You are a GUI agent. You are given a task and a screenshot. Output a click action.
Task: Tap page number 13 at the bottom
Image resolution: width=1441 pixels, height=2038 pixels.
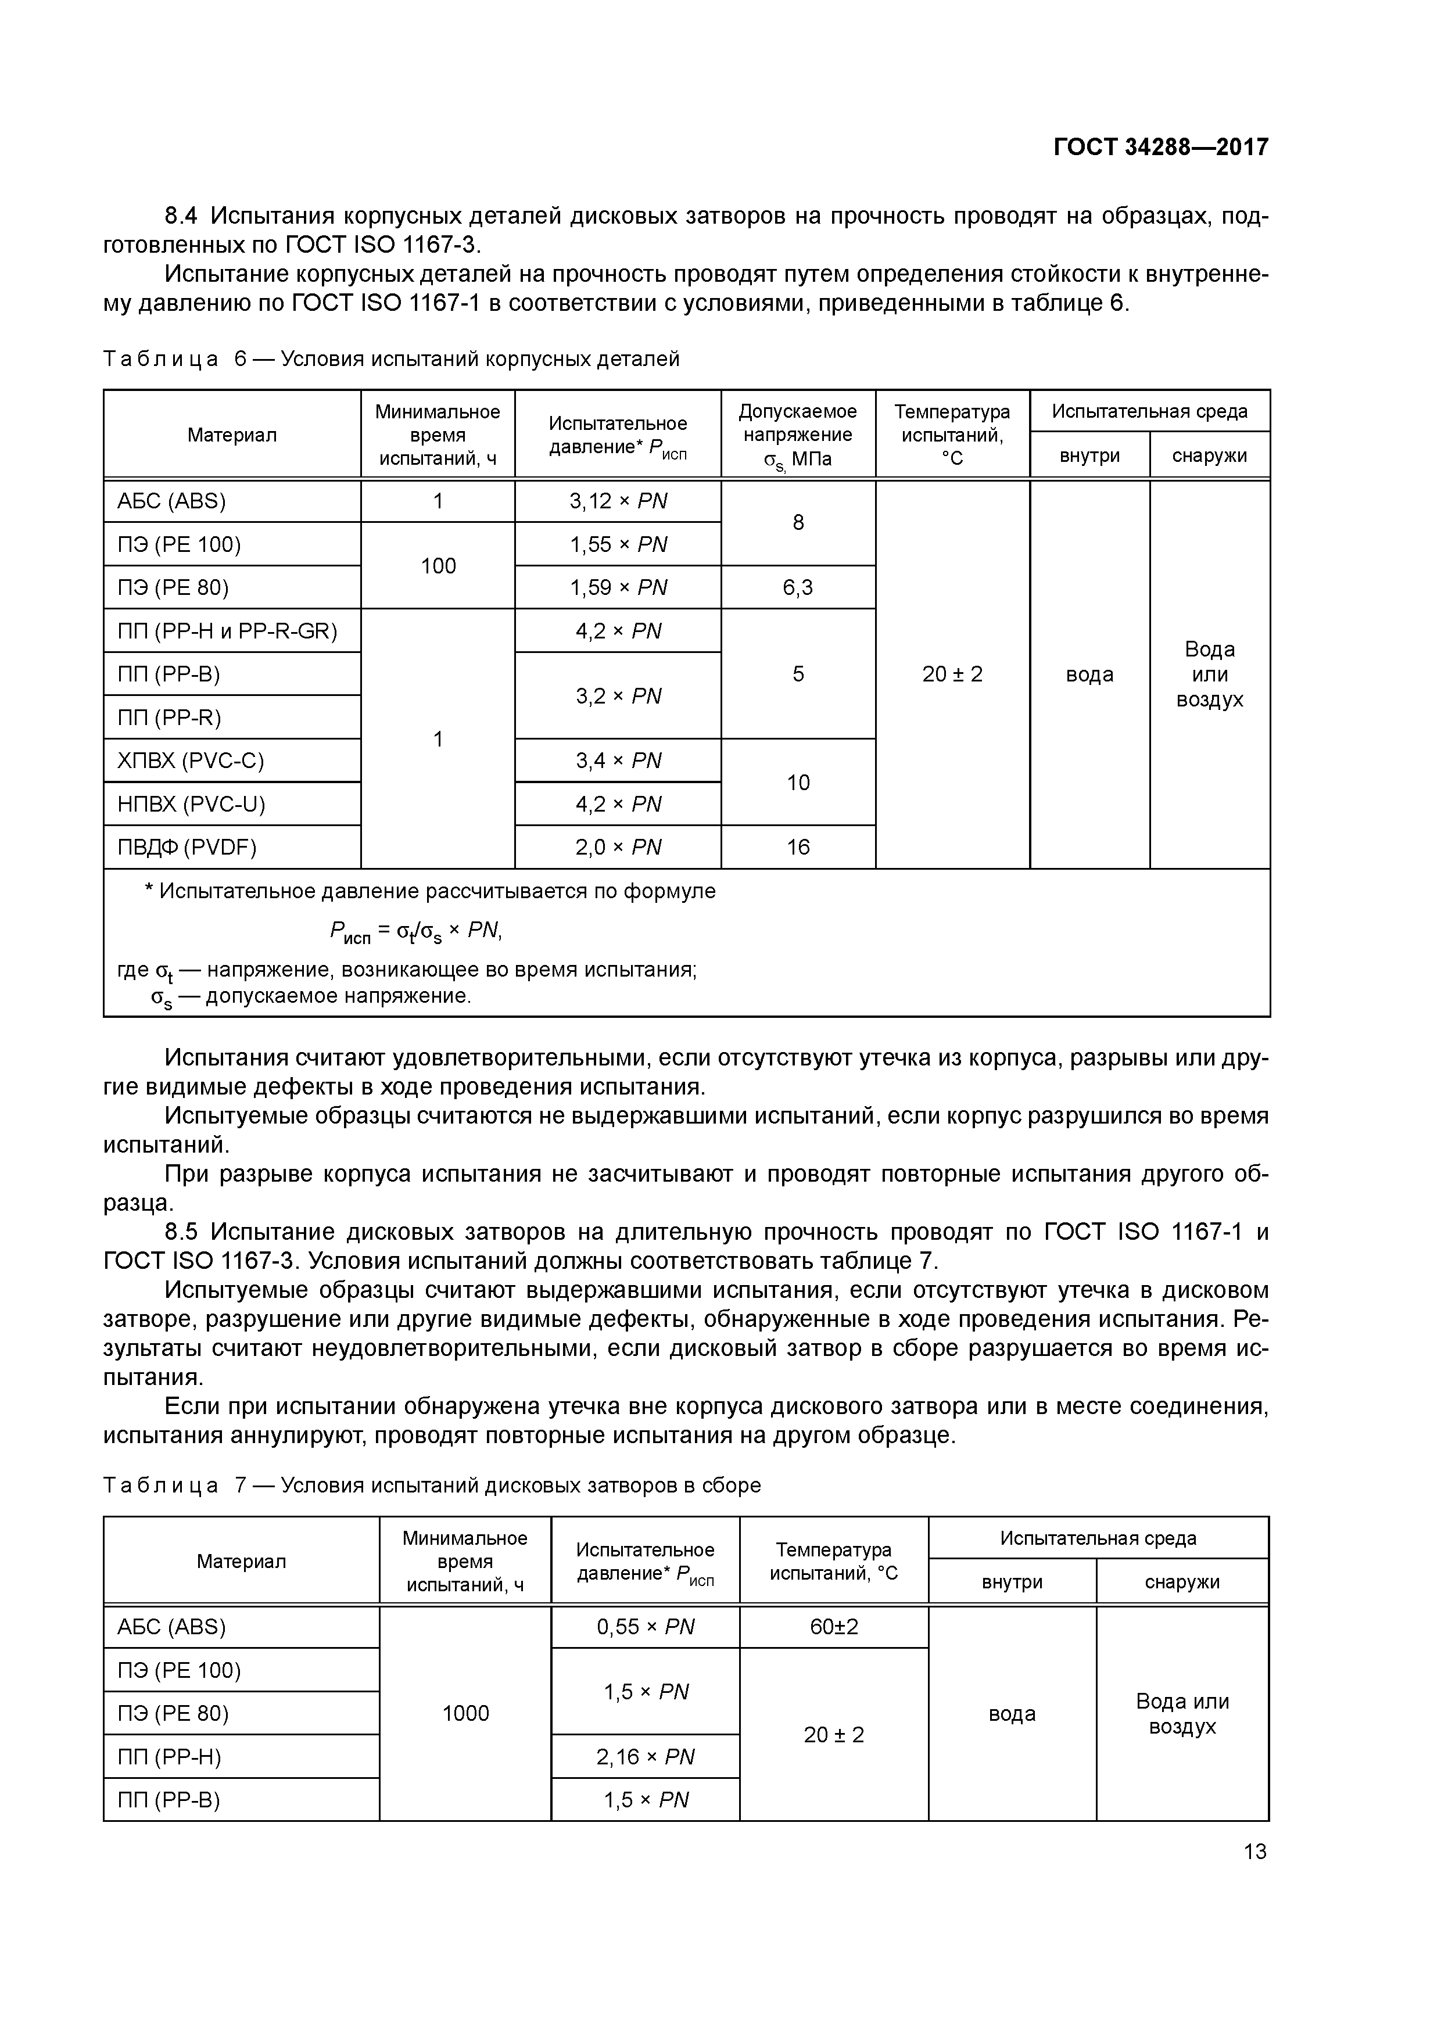(x=1254, y=1852)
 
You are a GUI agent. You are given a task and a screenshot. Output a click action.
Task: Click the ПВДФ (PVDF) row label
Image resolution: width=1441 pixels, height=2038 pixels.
(x=187, y=848)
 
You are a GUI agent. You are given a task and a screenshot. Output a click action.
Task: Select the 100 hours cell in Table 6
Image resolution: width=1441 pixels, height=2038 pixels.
(x=438, y=566)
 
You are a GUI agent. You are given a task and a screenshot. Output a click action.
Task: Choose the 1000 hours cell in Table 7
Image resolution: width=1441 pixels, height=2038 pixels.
(x=465, y=1714)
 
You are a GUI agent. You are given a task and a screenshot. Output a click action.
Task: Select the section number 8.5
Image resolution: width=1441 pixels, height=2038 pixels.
(x=184, y=1232)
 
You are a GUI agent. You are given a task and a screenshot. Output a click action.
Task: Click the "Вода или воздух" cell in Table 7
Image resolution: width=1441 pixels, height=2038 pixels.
(x=1182, y=1714)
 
